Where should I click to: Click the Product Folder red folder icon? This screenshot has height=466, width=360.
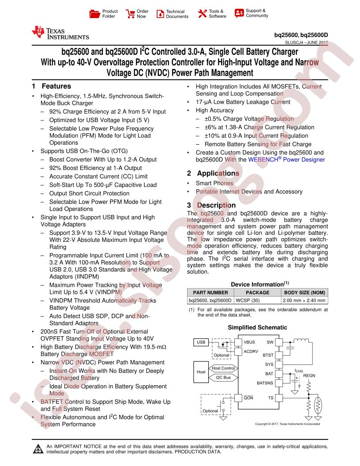tap(94, 14)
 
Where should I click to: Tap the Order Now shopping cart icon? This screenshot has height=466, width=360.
tap(130, 14)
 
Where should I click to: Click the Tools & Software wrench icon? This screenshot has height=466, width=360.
tap(202, 14)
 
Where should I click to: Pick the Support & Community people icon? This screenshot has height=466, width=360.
tap(239, 13)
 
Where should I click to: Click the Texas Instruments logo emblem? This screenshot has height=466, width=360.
tap(38, 32)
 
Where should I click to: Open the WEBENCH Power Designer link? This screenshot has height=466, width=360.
tap(286, 160)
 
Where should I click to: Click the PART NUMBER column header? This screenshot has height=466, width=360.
tap(210, 293)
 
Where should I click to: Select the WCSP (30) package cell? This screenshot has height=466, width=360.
tap(248, 301)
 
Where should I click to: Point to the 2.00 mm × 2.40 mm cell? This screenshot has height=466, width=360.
tap(304, 301)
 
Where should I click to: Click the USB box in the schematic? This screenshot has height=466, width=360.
tap(201, 342)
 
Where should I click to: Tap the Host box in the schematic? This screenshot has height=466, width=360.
tap(201, 372)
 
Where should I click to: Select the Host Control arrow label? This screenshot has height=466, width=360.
tap(223, 368)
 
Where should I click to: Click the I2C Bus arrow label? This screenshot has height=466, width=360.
tap(223, 378)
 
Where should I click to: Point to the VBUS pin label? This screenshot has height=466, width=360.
tap(249, 342)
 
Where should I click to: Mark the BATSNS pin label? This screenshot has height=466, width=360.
tap(265, 383)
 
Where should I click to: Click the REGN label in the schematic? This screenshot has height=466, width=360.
tap(309, 376)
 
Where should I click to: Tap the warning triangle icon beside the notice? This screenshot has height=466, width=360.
tap(38, 449)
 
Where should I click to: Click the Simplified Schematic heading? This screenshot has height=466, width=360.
tap(258, 327)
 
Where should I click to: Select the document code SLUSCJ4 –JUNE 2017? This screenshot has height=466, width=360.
tap(307, 42)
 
